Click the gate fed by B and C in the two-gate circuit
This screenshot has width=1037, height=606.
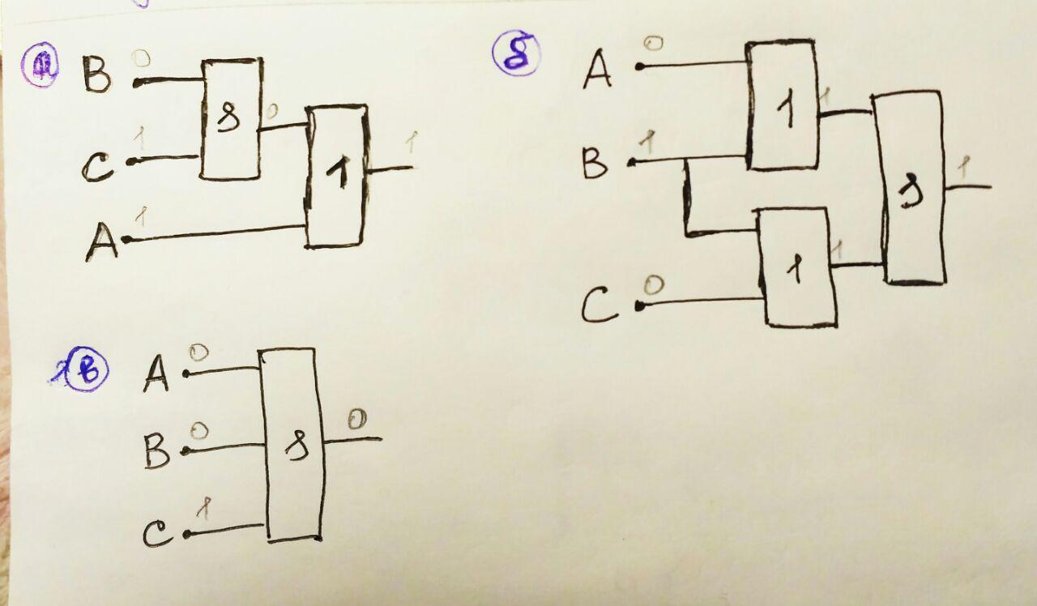(x=232, y=119)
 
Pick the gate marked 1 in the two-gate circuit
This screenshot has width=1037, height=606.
(x=337, y=176)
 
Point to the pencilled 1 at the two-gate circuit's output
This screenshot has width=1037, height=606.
(x=411, y=143)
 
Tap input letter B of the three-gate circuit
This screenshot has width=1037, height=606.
(x=595, y=164)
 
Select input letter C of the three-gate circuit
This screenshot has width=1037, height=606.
(x=600, y=306)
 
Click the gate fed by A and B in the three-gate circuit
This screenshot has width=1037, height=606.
(x=781, y=105)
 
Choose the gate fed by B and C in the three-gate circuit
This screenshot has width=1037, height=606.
(x=796, y=267)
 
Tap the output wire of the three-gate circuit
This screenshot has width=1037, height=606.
(x=968, y=187)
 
